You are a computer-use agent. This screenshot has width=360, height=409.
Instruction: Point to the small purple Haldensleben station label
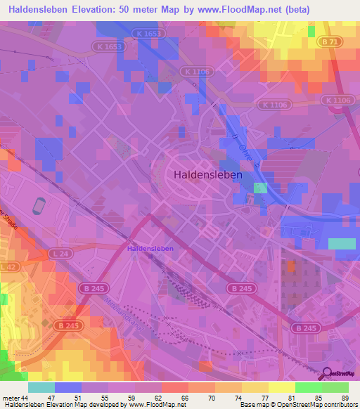click(x=150, y=249)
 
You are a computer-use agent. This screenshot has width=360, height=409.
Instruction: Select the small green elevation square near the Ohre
click(x=261, y=188)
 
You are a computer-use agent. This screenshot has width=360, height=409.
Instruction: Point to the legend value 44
click(x=26, y=398)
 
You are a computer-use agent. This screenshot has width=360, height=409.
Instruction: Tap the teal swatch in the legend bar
click(x=41, y=387)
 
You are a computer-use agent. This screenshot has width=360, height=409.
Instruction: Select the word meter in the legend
click(x=11, y=398)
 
